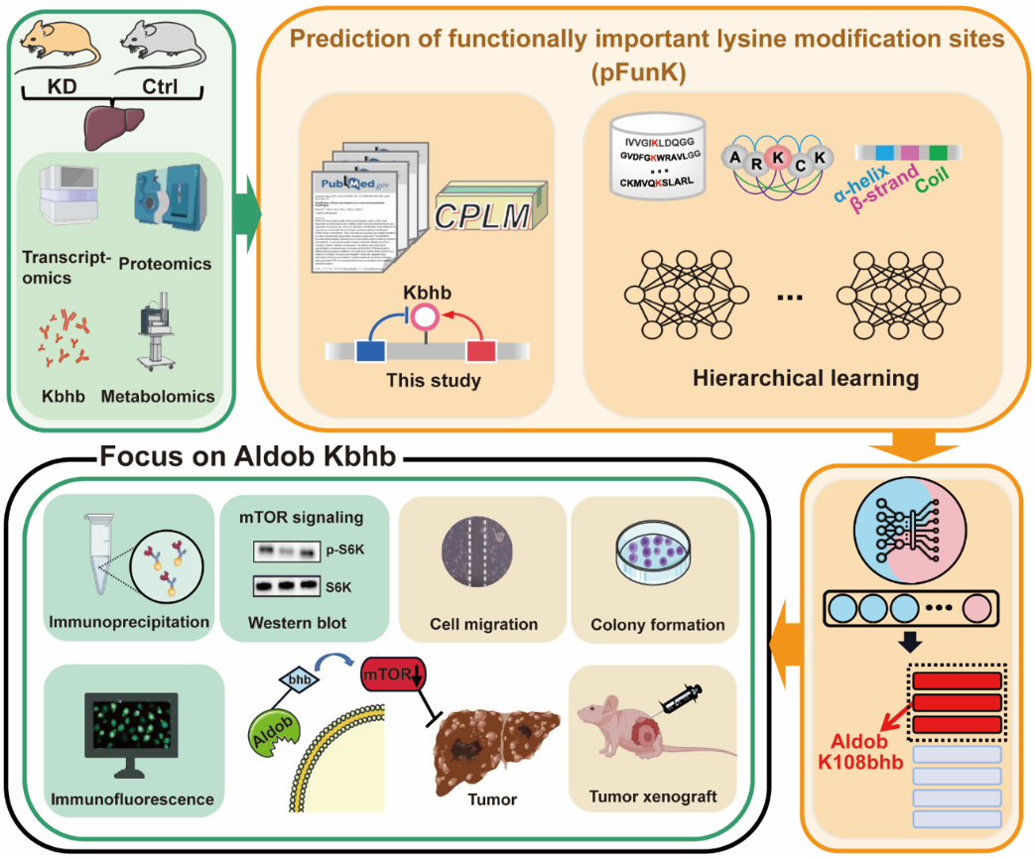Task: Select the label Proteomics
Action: pyautogui.click(x=165, y=263)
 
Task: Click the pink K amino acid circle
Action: pyautogui.click(x=780, y=158)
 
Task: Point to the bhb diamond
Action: pyautogui.click(x=295, y=680)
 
